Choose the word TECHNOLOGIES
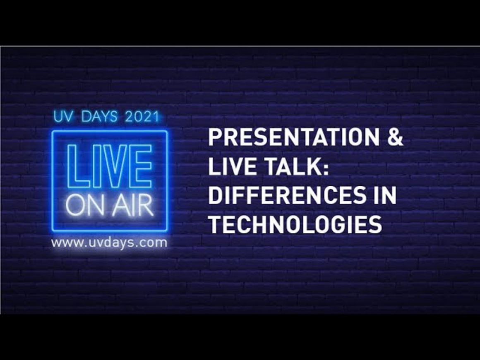[295, 224]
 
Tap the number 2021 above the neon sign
[142, 117]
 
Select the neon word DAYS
[99, 117]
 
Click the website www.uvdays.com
[109, 243]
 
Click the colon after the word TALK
[326, 168]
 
